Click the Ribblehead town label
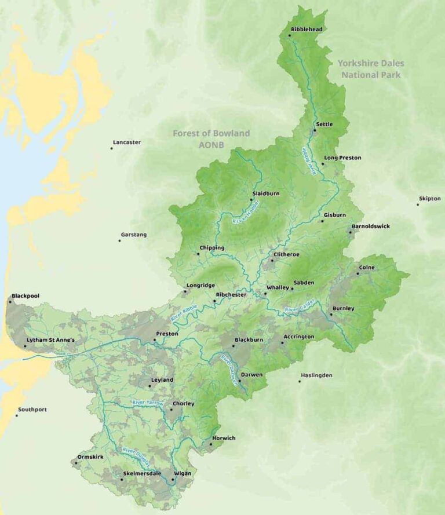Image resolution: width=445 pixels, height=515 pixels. click(x=308, y=28)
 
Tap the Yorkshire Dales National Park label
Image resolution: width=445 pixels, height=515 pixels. click(x=371, y=69)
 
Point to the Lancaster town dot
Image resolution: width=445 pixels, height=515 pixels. click(x=111, y=148)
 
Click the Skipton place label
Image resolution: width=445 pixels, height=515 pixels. click(x=430, y=199)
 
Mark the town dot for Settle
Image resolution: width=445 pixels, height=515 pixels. click(x=315, y=130)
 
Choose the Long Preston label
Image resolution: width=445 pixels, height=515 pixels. click(x=342, y=158)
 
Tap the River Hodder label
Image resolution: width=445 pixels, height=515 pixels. click(x=245, y=211)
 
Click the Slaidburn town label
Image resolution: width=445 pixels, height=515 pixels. click(x=266, y=193)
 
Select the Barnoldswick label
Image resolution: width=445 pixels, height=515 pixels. click(x=371, y=227)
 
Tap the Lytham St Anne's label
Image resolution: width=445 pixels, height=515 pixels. click(x=52, y=340)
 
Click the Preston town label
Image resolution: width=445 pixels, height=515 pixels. click(x=167, y=334)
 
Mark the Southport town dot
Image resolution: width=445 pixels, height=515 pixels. click(x=16, y=415)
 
